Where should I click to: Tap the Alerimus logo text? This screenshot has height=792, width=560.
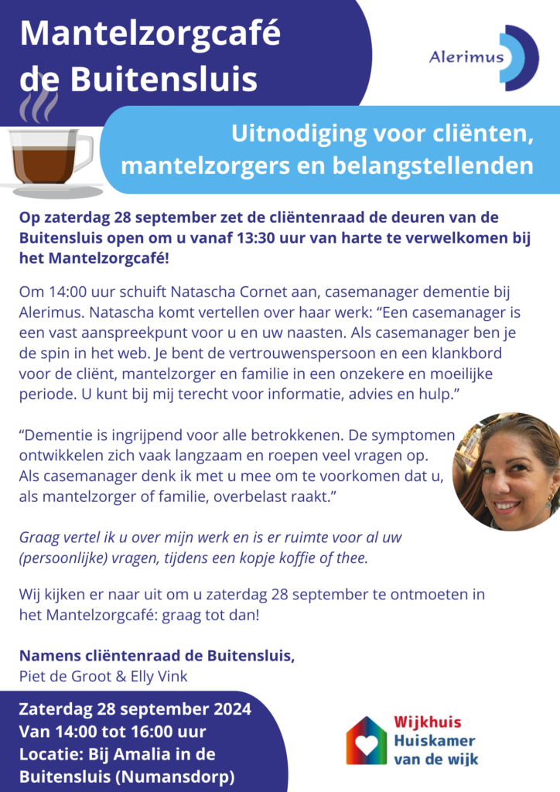[x=466, y=56]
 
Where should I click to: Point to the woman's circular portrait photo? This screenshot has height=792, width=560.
[x=507, y=472]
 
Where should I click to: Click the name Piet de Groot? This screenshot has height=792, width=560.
[x=61, y=676]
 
